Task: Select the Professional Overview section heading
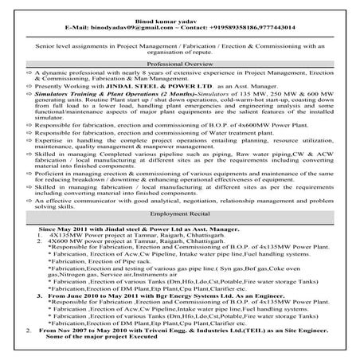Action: click(x=180, y=61)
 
